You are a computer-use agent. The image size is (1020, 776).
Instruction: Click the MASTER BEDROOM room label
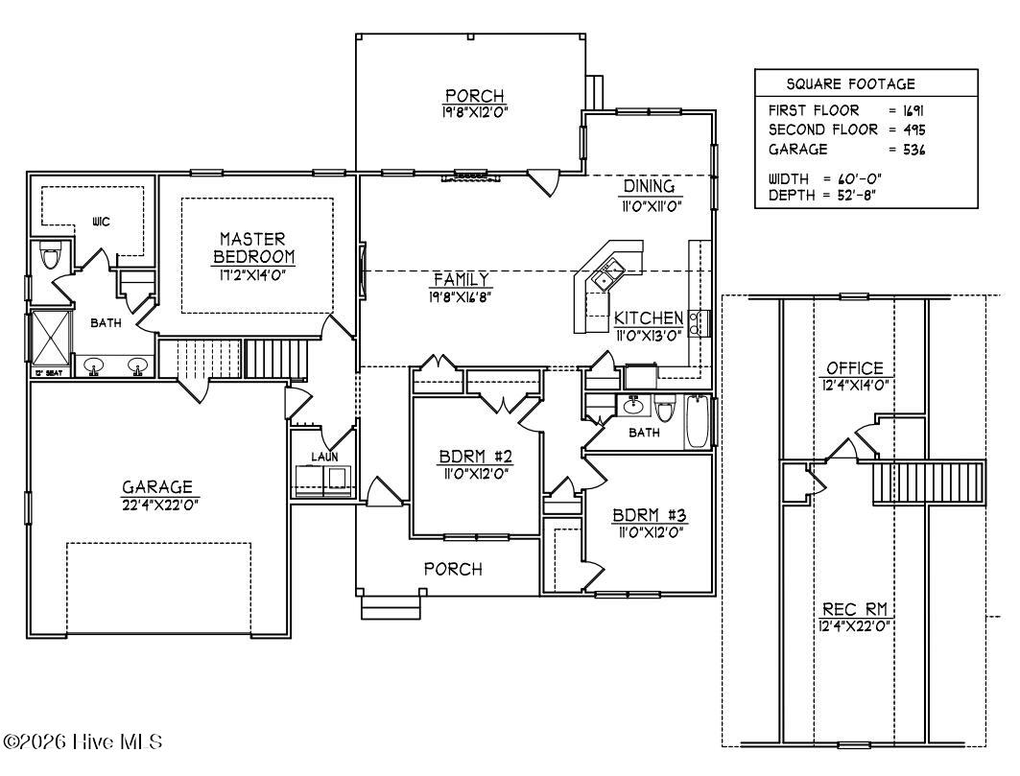pos(253,247)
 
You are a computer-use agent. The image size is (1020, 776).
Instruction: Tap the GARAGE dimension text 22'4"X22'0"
pos(158,505)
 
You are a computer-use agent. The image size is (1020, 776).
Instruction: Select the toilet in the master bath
pos(50,256)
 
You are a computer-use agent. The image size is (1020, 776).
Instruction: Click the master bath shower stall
pos(51,339)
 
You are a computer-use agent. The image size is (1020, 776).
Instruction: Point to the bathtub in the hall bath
pos(698,422)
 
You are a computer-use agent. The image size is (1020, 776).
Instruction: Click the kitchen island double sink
pos(607,273)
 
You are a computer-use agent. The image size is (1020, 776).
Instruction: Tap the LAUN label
pos(324,458)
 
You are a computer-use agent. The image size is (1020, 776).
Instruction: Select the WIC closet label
pos(101,222)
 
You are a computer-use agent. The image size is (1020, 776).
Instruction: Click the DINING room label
pos(650,186)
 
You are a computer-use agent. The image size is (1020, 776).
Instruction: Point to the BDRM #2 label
pos(476,456)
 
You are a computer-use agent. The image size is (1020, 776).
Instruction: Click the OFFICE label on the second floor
pos(855,368)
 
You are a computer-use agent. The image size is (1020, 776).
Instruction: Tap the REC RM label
pos(855,609)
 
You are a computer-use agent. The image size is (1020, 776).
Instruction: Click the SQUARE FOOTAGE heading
pos(851,83)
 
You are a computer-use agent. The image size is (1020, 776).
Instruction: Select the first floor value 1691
pos(913,110)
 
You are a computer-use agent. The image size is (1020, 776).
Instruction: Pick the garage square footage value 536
pos(913,150)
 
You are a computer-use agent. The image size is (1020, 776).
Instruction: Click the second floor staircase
pos(929,482)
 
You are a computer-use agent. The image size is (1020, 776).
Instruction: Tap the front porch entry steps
pos(391,606)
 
